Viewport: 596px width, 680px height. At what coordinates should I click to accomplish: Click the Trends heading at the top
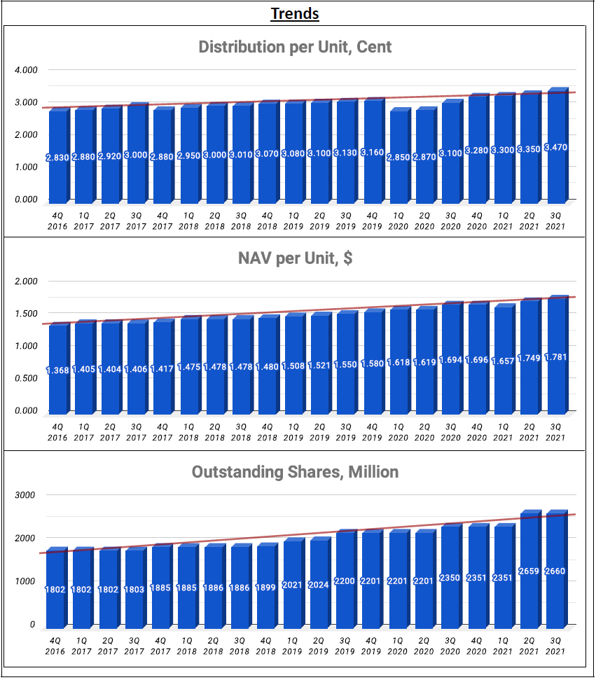295,13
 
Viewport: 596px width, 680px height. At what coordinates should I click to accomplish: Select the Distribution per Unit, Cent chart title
295,47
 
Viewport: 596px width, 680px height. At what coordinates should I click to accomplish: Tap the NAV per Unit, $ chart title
295,258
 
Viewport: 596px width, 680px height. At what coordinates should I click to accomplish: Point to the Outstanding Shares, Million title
295,472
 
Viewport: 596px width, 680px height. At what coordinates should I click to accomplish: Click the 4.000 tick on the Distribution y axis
26,70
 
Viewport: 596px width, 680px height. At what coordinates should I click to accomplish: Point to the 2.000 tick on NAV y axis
26,282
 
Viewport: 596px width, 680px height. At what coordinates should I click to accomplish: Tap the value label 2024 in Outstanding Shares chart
320,583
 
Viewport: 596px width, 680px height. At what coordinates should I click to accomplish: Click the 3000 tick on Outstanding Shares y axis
25,495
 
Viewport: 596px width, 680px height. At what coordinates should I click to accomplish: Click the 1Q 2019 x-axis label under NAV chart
293,432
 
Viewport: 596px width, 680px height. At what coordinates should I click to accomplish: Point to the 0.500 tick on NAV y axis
26,378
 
